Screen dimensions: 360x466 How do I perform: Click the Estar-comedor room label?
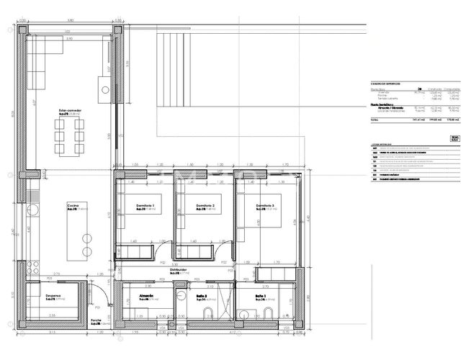[x=70, y=110]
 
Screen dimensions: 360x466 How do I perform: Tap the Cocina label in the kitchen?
[x=72, y=205]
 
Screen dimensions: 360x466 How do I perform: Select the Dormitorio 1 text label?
[x=146, y=206]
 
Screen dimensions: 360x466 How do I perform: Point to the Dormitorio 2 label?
[x=197, y=206]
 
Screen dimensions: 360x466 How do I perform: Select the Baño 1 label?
[x=260, y=296]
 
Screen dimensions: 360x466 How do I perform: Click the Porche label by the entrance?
[x=95, y=322]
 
